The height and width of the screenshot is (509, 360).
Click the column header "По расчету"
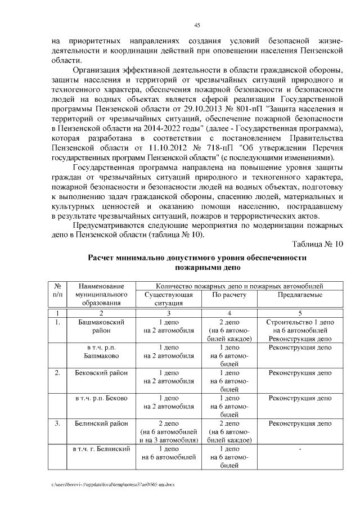229,294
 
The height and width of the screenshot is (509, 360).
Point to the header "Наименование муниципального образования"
101,294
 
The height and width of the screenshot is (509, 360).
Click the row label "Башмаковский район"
101,327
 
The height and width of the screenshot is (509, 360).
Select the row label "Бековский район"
101,372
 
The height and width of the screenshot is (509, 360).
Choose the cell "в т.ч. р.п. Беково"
101,398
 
